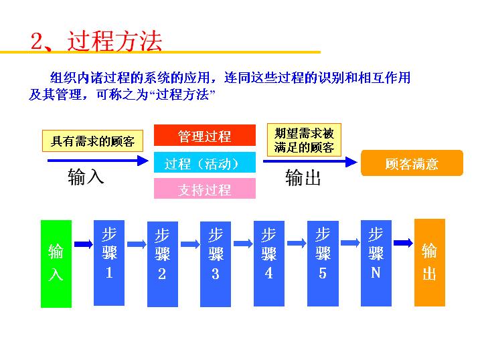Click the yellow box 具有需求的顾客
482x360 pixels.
pyautogui.click(x=93, y=141)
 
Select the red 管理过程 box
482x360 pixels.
pyautogui.click(x=205, y=136)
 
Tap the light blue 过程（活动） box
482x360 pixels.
pyautogui.click(x=205, y=164)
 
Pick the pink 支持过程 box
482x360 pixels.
pyautogui.click(x=205, y=189)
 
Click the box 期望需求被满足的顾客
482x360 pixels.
pyautogui.click(x=303, y=140)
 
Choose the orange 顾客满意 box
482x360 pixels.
pyautogui.click(x=412, y=164)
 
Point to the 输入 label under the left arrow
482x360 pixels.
pyautogui.click(x=86, y=177)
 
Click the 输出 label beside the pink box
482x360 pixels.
pyautogui.click(x=303, y=178)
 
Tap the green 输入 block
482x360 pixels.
pyautogui.click(x=56, y=262)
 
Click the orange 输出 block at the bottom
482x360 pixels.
pyautogui.click(x=429, y=262)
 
